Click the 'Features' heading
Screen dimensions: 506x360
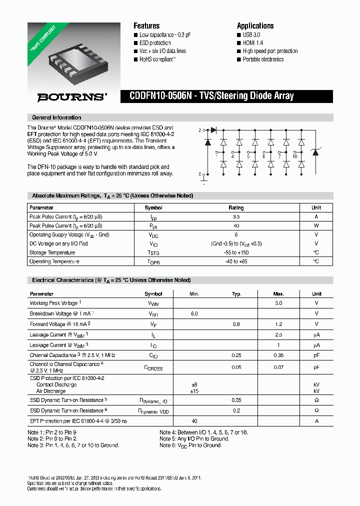coord(146,26)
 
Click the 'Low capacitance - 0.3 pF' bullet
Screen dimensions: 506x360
coord(165,35)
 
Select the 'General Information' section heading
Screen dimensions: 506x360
coord(56,117)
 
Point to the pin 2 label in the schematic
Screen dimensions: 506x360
coord(199,130)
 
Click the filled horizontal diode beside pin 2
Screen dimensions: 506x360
coord(213,130)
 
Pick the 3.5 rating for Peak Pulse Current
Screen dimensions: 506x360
coord(236,216)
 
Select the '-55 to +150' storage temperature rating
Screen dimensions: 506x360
coord(236,252)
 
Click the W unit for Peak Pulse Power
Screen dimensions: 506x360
coord(316,225)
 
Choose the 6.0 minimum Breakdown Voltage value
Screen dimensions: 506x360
coord(194,313)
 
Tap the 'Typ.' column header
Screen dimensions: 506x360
coord(236,294)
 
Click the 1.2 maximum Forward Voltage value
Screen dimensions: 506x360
coord(278,324)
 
